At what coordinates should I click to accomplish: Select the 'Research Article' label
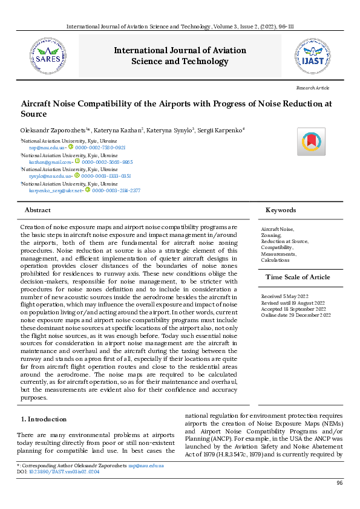tap(313, 88)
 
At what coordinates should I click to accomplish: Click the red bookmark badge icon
tap(310, 141)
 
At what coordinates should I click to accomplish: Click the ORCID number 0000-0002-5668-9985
tap(107, 162)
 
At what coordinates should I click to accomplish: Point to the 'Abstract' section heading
tap(38, 210)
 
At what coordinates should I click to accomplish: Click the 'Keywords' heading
tap(281, 210)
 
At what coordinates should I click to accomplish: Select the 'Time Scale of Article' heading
tap(295, 277)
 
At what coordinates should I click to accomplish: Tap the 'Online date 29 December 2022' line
tap(296, 315)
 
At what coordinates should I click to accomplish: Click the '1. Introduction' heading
tap(44, 419)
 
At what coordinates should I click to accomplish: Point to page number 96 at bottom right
tap(339, 483)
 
